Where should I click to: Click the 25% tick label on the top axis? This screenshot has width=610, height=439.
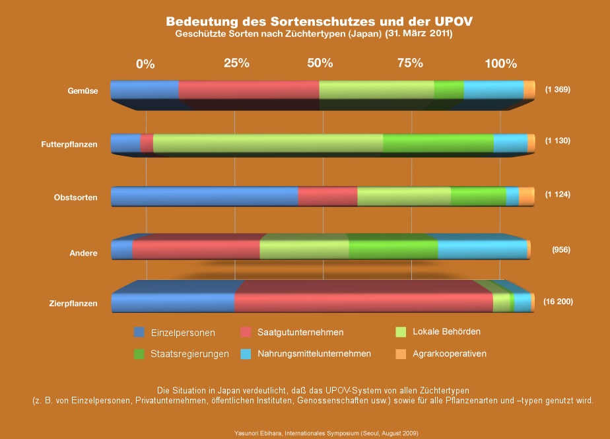[236, 63]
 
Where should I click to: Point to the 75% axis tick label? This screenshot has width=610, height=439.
[410, 63]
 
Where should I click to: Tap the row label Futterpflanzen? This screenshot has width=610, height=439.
[73, 145]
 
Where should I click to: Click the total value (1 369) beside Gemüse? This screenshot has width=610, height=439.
[557, 89]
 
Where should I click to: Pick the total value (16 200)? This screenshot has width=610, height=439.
[558, 302]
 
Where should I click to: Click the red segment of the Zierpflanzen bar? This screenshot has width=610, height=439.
[363, 302]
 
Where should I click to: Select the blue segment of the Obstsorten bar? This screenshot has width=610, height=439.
[205, 197]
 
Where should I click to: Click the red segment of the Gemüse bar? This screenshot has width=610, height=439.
[248, 90]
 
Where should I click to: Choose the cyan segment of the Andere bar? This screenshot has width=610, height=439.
[482, 250]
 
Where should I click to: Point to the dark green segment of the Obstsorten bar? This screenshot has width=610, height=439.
[478, 197]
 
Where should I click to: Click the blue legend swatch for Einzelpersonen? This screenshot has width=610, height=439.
[139, 332]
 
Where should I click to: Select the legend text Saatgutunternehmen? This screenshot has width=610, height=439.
[300, 332]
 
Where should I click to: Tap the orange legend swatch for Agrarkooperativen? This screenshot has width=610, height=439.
[400, 354]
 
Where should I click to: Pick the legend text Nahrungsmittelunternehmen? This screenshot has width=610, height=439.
[314, 354]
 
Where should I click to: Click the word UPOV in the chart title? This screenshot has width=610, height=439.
[450, 21]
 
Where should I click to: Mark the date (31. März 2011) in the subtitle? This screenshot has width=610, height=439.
[419, 33]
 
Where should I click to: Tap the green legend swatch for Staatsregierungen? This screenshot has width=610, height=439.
[139, 354]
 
